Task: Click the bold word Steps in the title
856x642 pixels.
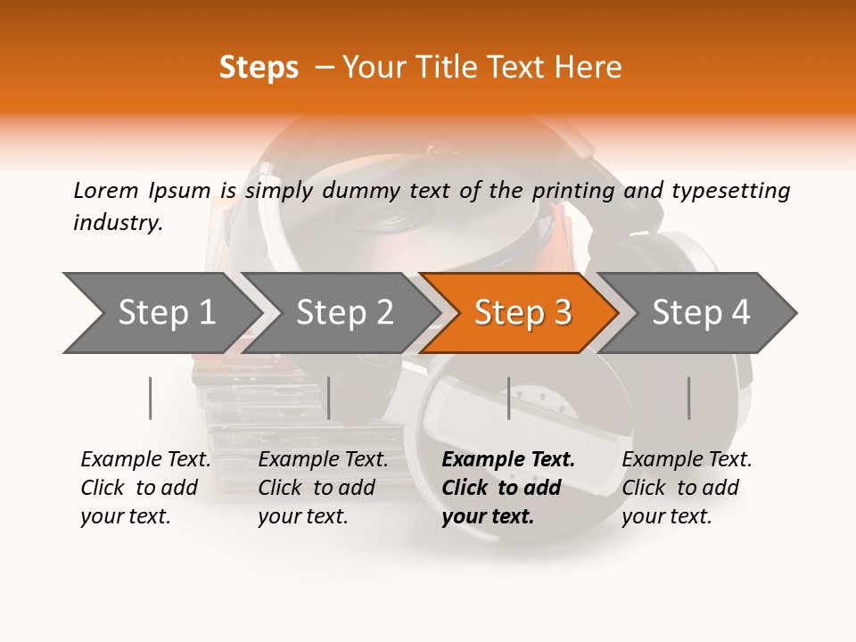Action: (259, 68)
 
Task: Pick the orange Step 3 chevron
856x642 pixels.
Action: (523, 312)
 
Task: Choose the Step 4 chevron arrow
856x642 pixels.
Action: (701, 312)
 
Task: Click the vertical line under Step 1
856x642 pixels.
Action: (151, 398)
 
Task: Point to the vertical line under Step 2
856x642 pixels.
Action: (329, 398)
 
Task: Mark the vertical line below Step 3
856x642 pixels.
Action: (509, 398)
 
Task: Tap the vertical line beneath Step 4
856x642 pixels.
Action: (689, 398)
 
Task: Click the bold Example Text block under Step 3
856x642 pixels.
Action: (507, 488)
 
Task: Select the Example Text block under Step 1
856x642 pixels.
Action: (145, 488)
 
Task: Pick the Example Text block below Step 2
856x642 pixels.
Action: (323, 488)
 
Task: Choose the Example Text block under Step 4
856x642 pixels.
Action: (687, 488)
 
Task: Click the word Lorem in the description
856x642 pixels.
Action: (106, 190)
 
